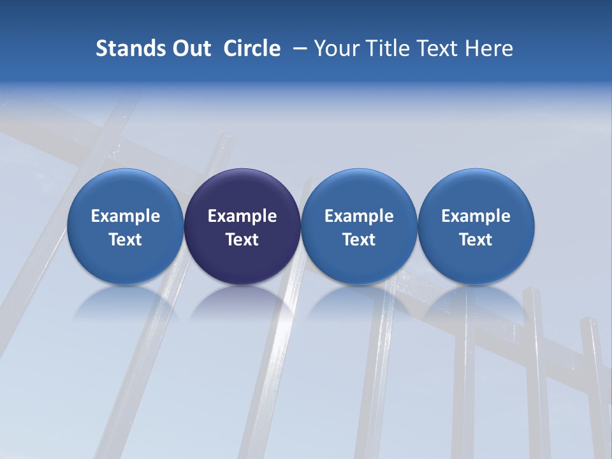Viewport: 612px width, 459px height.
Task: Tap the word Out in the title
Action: (190, 48)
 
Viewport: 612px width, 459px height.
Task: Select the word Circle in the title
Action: (252, 48)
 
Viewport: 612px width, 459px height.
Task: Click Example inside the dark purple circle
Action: (242, 216)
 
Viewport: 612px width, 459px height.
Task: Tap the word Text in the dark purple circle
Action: (242, 240)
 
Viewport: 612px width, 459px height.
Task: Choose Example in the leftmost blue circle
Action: (126, 216)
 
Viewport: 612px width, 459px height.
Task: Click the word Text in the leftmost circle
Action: (126, 240)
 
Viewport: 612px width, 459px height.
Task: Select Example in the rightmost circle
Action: (476, 216)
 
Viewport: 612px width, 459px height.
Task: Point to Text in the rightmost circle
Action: (476, 240)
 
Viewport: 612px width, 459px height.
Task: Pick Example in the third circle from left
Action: (359, 216)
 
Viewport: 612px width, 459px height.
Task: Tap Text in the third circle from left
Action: (359, 240)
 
